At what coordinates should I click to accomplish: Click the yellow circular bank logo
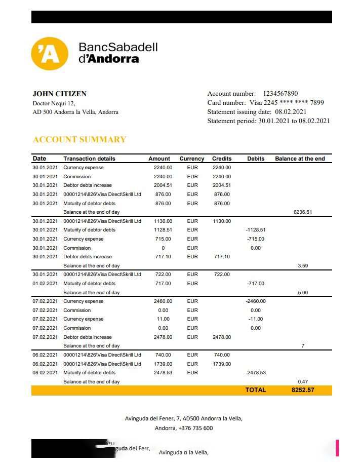click(50, 53)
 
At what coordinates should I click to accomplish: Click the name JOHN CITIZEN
click(59, 94)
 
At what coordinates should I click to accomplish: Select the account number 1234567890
click(280, 94)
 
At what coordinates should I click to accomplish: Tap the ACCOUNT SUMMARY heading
click(79, 139)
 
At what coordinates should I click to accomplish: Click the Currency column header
click(191, 159)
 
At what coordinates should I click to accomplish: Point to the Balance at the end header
click(300, 159)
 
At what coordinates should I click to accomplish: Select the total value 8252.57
click(303, 390)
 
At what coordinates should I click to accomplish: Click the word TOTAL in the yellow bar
click(255, 390)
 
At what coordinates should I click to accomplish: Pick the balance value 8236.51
click(303, 212)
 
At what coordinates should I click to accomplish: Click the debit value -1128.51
click(255, 230)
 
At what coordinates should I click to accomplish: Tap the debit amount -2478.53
click(255, 373)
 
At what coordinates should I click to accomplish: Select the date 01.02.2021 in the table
click(45, 284)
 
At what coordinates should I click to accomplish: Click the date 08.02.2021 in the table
click(45, 373)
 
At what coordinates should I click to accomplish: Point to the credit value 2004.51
click(222, 185)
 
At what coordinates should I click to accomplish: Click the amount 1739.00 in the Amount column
click(163, 364)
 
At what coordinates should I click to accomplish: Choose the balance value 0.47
click(303, 381)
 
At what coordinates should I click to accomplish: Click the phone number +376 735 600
click(195, 428)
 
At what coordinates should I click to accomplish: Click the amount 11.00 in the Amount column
click(163, 319)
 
